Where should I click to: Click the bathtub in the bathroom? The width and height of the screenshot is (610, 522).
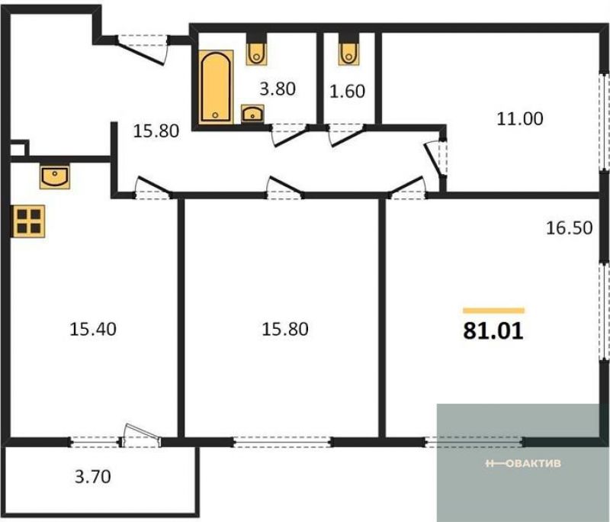(216, 87)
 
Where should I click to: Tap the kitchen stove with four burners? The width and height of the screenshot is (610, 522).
(29, 221)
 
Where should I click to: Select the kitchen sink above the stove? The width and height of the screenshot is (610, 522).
(55, 176)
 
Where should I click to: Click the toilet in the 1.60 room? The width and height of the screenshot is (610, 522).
(348, 53)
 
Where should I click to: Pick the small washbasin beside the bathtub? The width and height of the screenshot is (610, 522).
(252, 114)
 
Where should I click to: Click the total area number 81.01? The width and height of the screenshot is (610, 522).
(493, 331)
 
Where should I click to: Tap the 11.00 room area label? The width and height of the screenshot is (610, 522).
(520, 119)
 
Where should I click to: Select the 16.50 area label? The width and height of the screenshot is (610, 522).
(569, 227)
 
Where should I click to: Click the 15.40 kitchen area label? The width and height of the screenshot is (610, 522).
(92, 329)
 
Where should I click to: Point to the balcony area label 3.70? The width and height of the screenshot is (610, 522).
(92, 476)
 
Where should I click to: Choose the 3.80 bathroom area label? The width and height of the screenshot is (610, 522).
(278, 89)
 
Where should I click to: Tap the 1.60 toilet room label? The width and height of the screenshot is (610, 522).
(347, 91)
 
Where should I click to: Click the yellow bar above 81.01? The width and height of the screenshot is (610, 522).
(493, 311)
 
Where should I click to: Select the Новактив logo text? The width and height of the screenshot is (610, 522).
(523, 463)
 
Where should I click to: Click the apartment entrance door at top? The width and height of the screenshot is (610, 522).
(143, 49)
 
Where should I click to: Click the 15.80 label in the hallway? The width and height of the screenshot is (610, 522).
(156, 131)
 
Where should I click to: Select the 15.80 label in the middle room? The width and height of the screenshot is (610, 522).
(285, 329)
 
